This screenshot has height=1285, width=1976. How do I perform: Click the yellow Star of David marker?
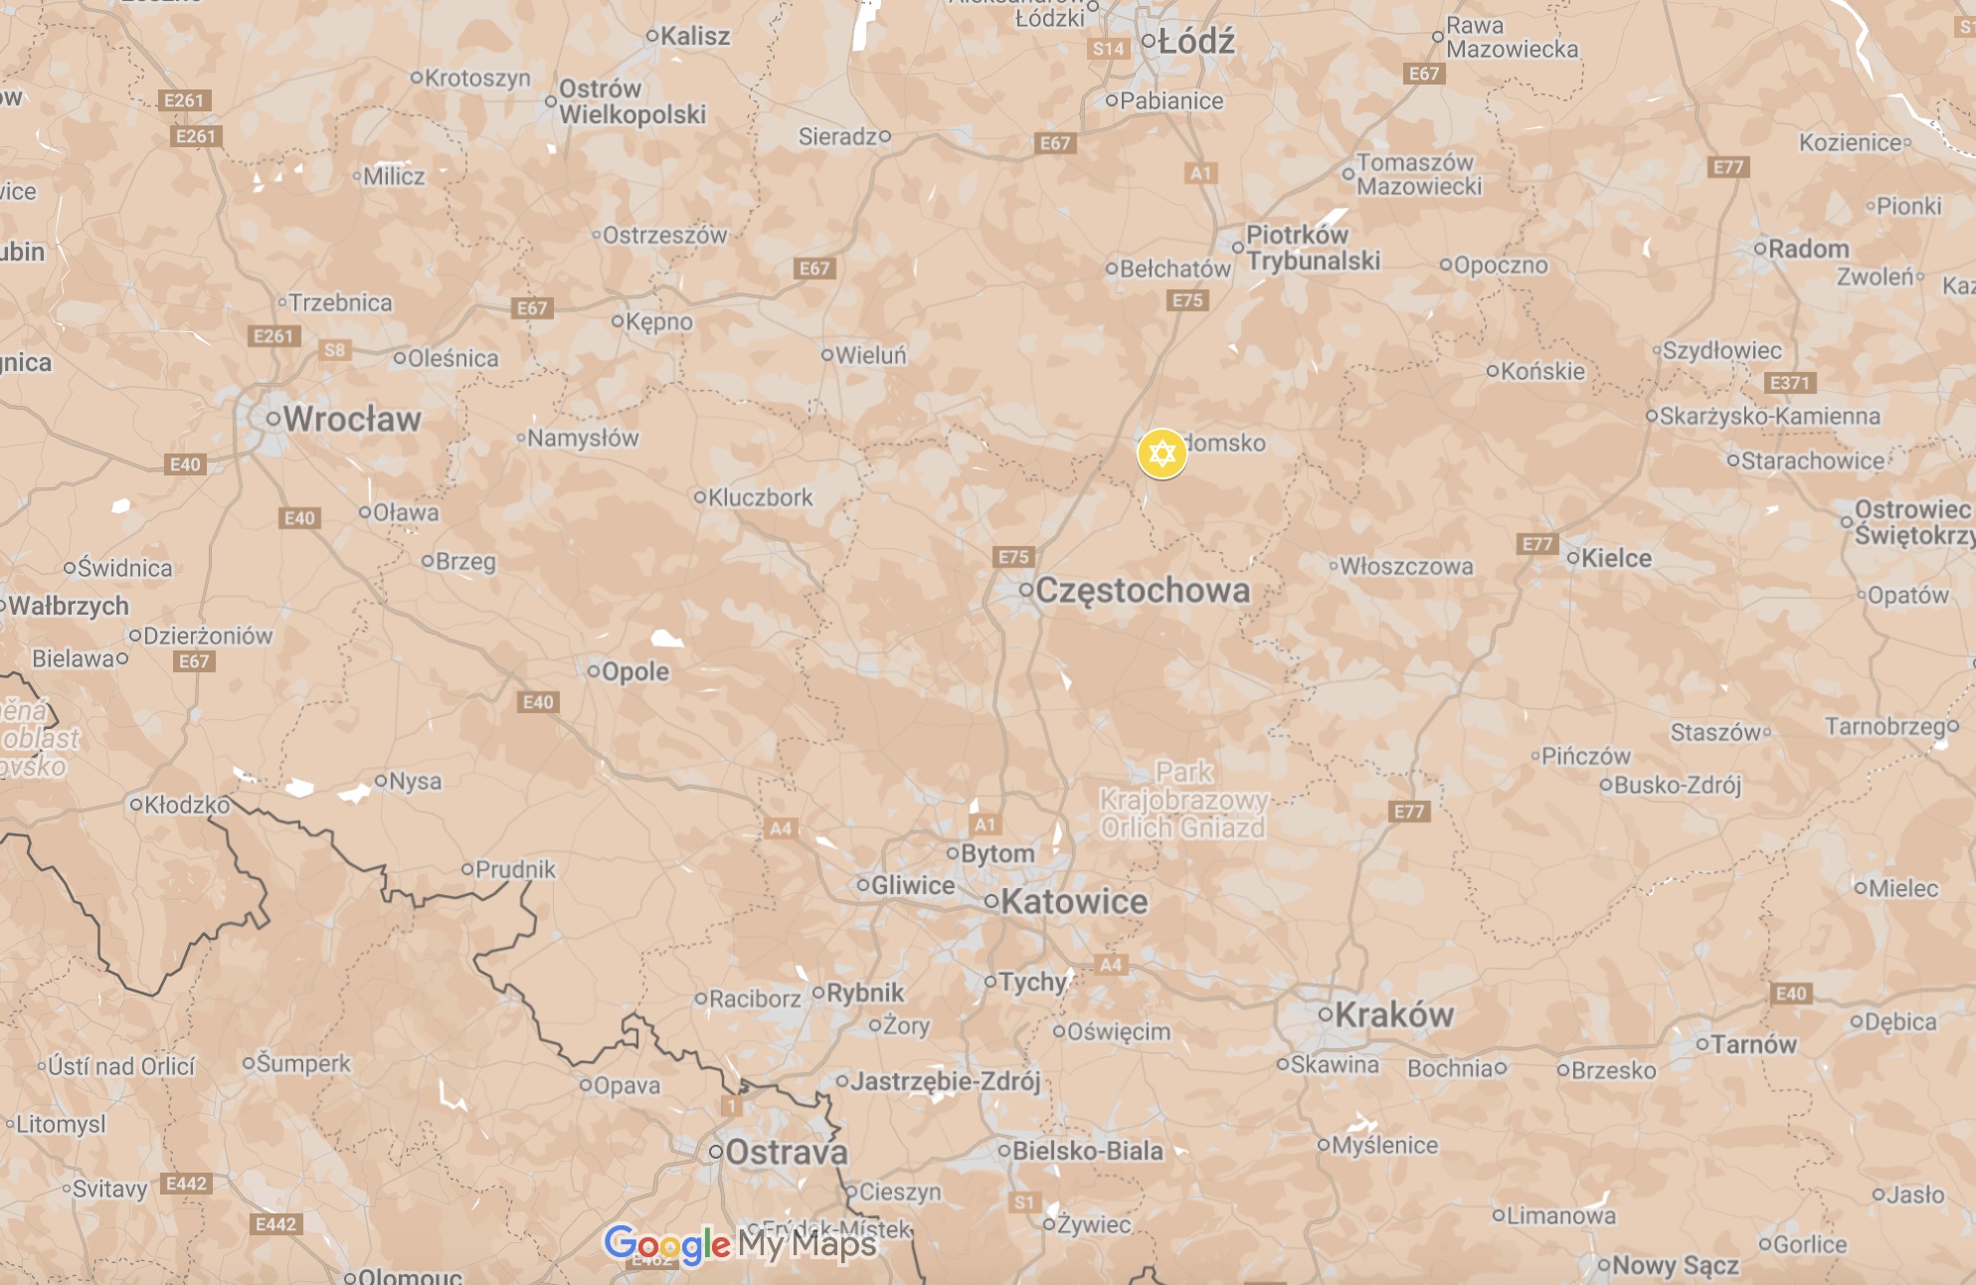[x=1162, y=454]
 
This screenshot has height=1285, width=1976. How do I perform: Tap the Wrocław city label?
[x=351, y=419]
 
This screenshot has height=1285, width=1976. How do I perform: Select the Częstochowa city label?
[x=1142, y=590]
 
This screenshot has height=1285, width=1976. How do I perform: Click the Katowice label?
[x=1073, y=901]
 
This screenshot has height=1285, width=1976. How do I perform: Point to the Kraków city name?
[x=1393, y=1014]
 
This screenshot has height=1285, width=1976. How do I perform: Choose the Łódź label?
[x=1195, y=42]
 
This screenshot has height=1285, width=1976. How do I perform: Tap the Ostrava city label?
[x=786, y=1152]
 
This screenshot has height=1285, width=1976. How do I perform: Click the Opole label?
[x=634, y=671]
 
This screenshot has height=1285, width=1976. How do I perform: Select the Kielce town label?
[x=1615, y=558]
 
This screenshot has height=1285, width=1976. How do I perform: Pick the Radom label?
[x=1808, y=249]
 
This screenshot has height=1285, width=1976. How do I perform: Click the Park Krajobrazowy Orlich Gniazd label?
[x=1183, y=800]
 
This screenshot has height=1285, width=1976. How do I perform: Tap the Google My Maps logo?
[x=741, y=1244]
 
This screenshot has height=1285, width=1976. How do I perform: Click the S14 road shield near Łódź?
[x=1108, y=49]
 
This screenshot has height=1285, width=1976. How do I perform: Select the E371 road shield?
[x=1789, y=383]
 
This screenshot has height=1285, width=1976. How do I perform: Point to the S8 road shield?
[x=335, y=350]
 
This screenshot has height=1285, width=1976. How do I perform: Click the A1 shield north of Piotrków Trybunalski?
[x=1201, y=173]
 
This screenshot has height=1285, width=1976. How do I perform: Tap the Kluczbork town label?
[x=760, y=497]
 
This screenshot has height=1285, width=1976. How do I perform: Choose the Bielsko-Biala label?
[x=1087, y=1151]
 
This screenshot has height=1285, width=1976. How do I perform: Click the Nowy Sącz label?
[x=1675, y=1265]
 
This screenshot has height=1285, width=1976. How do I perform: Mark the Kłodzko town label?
[x=186, y=804]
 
